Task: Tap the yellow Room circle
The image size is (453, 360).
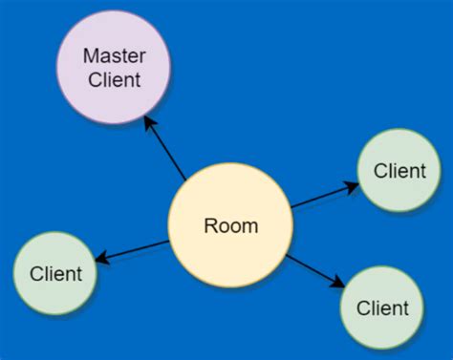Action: [229, 225]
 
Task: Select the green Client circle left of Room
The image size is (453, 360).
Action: [55, 273]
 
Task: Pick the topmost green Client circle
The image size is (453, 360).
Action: [399, 171]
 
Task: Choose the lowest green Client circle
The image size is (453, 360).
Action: [381, 307]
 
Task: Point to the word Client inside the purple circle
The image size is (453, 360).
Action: [114, 80]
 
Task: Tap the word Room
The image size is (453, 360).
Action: [230, 226]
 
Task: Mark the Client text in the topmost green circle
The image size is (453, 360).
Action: [399, 172]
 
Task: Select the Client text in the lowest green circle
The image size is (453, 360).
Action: [382, 308]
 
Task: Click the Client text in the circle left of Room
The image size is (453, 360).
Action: [55, 274]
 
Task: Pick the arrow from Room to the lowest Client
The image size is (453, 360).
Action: [315, 269]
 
